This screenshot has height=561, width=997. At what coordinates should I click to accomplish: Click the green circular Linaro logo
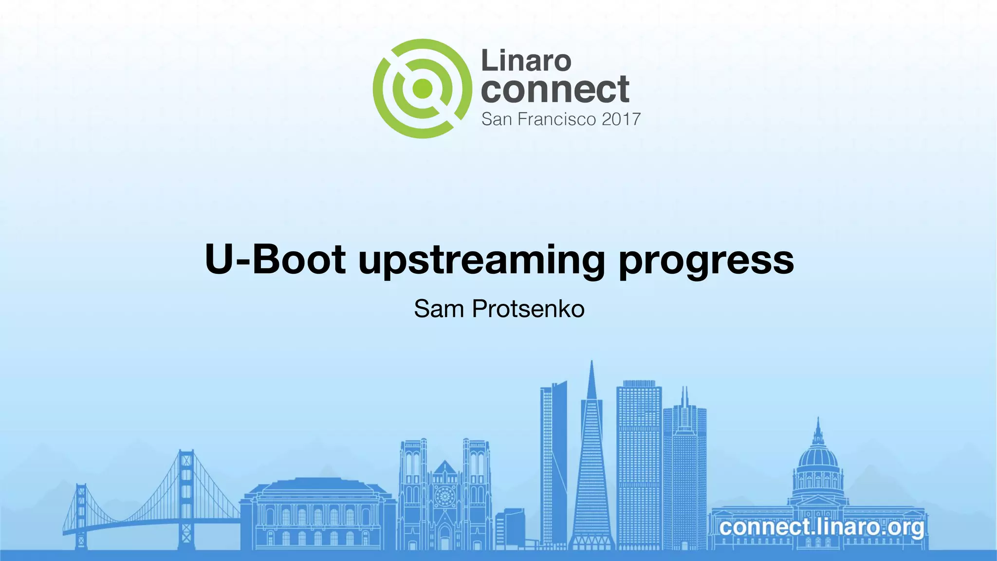pyautogui.click(x=422, y=89)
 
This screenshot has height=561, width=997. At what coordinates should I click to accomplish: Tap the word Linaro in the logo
pyautogui.click(x=526, y=61)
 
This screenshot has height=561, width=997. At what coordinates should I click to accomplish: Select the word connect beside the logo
pyautogui.click(x=555, y=90)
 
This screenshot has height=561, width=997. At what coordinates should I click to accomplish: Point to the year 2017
pyautogui.click(x=621, y=119)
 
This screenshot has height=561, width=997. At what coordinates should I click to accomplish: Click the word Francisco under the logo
pyautogui.click(x=556, y=119)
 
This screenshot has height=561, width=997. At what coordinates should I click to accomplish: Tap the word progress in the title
pyautogui.click(x=706, y=262)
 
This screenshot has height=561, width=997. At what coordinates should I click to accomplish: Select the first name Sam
pyautogui.click(x=439, y=309)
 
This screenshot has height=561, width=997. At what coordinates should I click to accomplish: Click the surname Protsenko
pyautogui.click(x=528, y=309)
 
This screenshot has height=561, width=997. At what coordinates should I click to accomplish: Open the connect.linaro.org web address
pyautogui.click(x=821, y=527)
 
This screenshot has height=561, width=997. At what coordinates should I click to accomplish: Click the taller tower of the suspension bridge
pyautogui.click(x=186, y=497)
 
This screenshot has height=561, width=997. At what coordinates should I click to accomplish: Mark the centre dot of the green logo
pyautogui.click(x=422, y=89)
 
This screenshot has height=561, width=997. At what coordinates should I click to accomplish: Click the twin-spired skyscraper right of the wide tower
pyautogui.click(x=684, y=467)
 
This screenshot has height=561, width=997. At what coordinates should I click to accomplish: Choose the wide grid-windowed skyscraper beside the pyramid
pyautogui.click(x=639, y=463)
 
